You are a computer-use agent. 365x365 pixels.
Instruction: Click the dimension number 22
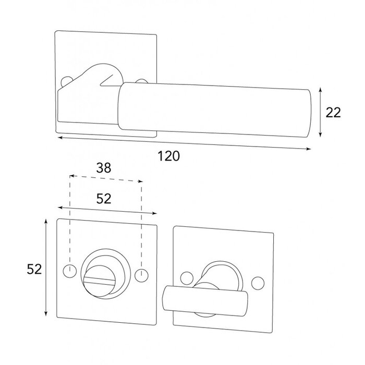tap(333, 112)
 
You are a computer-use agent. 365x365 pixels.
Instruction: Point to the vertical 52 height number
tap(34, 269)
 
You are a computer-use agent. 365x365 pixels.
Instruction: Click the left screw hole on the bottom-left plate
tap(67, 271)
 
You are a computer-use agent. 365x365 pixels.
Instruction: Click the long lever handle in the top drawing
tap(214, 110)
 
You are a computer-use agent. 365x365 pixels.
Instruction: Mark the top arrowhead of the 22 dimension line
tap(320, 90)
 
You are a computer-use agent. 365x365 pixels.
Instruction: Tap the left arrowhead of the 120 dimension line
tap(59, 138)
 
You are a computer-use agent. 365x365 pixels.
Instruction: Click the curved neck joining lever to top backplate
tap(99, 78)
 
